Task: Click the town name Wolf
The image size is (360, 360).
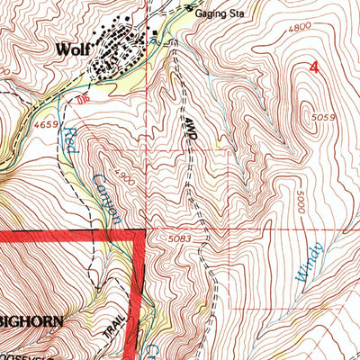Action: (72, 50)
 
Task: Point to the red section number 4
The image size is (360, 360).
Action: (314, 67)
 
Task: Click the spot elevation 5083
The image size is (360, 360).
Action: (181, 238)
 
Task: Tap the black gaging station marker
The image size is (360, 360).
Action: (190, 9)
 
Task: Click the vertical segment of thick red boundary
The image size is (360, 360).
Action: (139, 297)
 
